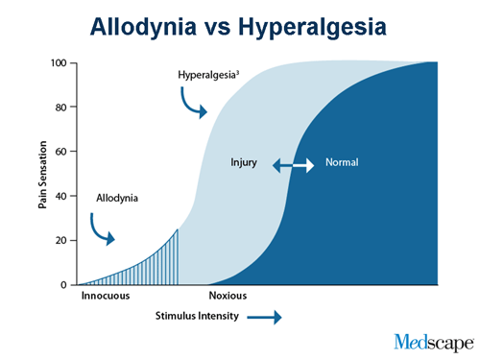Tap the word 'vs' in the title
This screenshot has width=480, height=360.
(230, 26)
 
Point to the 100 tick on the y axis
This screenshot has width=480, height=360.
(59, 63)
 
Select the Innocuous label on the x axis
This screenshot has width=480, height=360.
(105, 297)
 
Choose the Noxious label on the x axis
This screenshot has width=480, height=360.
(230, 297)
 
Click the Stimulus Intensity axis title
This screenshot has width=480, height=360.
(199, 316)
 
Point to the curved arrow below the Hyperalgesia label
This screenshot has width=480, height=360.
(192, 104)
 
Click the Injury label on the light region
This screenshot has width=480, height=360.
(245, 162)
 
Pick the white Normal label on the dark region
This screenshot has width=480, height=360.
(341, 162)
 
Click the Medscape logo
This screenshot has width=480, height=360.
(433, 341)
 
